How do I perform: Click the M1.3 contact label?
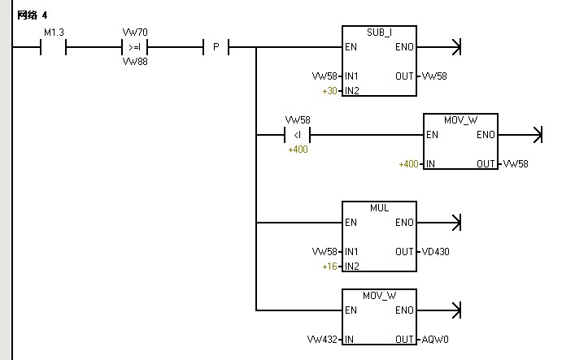click(53, 33)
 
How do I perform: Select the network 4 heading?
click(32, 15)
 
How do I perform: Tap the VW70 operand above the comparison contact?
click(134, 33)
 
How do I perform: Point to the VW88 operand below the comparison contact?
click(134, 61)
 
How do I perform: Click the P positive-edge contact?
click(216, 47)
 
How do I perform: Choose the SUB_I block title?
click(379, 32)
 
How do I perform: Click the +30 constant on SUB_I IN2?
click(329, 91)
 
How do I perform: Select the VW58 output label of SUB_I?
click(433, 76)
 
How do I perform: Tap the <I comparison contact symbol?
click(297, 135)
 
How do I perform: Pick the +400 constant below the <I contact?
click(298, 150)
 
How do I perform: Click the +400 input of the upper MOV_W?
click(408, 164)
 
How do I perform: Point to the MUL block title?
click(379, 208)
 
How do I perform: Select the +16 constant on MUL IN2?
click(329, 267)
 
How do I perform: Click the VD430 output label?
click(435, 252)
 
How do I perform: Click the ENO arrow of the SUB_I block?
click(455, 47)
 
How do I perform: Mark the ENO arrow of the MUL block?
click(455, 223)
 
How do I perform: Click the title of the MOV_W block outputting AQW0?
click(379, 296)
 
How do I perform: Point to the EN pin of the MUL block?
click(351, 223)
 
